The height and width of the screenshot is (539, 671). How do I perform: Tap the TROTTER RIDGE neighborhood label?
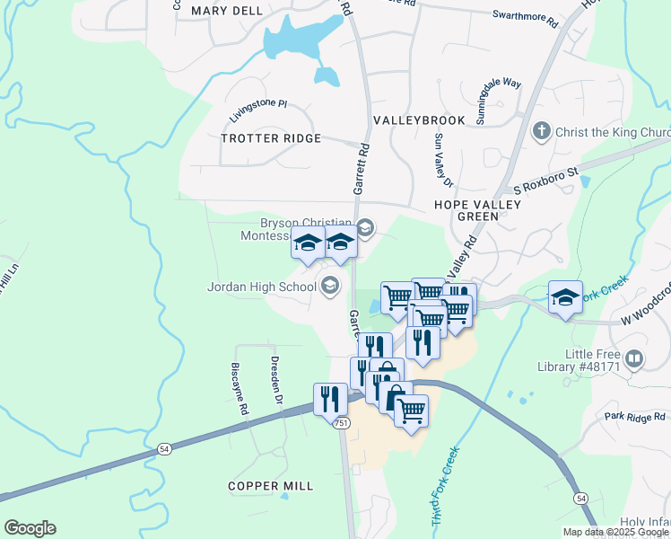click(271, 138)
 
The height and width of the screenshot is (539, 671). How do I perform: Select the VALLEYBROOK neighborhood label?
click(419, 120)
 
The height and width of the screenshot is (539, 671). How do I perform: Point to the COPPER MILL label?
click(270, 486)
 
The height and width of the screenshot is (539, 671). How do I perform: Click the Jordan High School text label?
click(261, 287)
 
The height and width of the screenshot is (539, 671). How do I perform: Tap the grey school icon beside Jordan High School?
click(329, 286)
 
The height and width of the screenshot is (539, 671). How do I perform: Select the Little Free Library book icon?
click(634, 359)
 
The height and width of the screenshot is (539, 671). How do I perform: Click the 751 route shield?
click(341, 423)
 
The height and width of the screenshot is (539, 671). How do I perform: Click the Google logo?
click(30, 528)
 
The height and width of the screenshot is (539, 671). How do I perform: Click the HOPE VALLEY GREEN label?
click(477, 210)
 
